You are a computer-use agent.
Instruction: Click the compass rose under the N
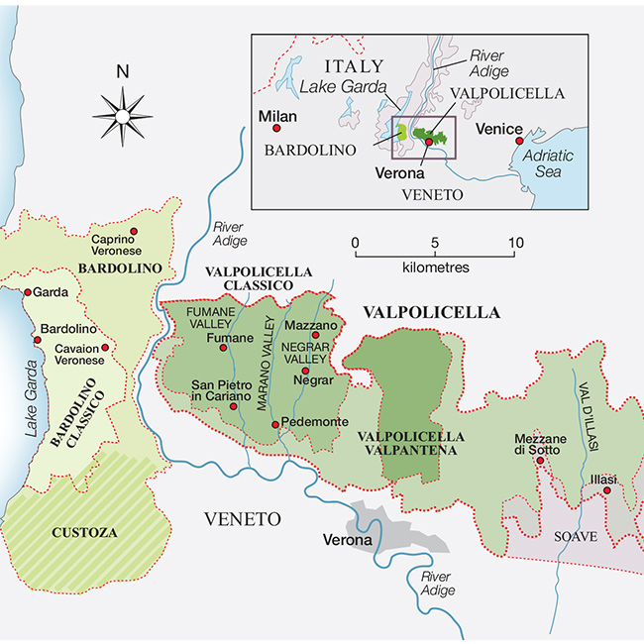coord(123,114)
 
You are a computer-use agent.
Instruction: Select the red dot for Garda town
coord(28,293)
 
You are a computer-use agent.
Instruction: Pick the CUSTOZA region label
coord(83,532)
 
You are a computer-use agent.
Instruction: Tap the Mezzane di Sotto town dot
coord(540,460)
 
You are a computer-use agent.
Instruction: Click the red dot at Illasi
coord(606,489)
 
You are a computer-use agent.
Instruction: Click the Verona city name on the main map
coord(347,541)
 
